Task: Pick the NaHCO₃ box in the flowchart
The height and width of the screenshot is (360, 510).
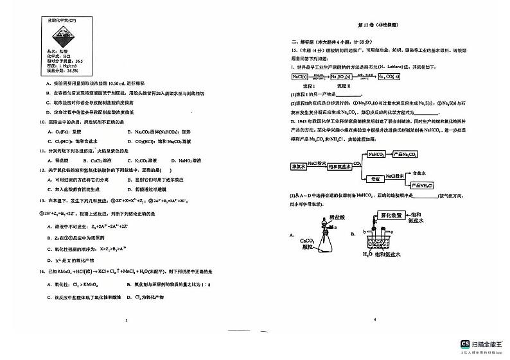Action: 376,155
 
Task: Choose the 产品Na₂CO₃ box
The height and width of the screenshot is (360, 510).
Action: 405,155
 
